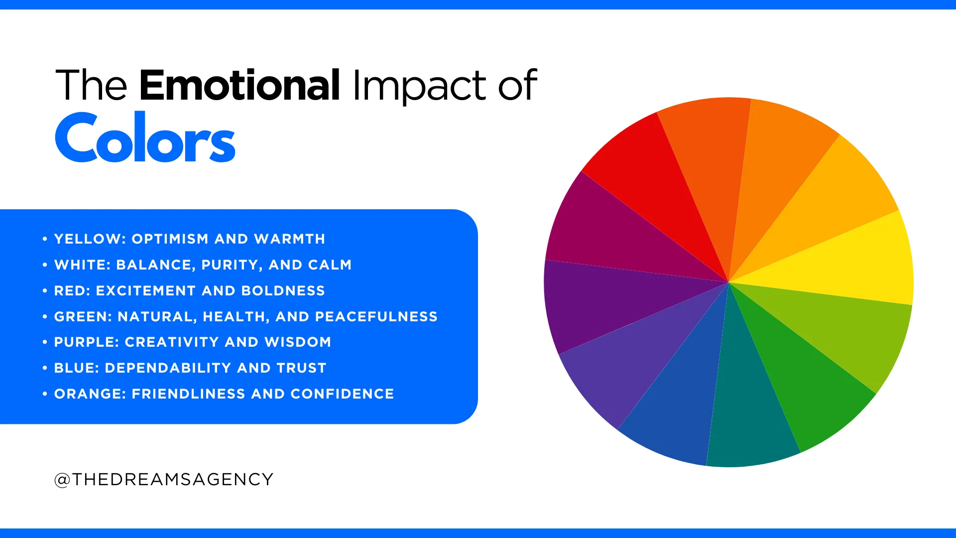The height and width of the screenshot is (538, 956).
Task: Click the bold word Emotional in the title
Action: coord(239,85)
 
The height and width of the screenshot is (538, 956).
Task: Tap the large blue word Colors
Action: coord(145,138)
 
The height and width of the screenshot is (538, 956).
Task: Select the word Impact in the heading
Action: coord(419,86)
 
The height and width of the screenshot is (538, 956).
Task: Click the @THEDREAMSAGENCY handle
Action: coord(164,479)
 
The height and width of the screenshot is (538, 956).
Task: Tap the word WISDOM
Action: coord(298,342)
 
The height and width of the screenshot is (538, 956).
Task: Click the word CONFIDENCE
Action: coord(342,394)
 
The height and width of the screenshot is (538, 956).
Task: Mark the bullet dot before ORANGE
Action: coord(45,394)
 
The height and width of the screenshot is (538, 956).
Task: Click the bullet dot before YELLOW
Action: coord(45,239)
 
